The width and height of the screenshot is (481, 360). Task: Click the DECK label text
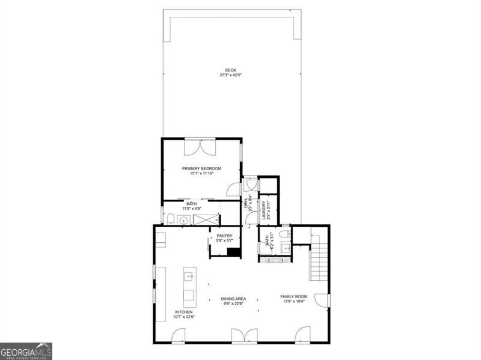click(x=231, y=70)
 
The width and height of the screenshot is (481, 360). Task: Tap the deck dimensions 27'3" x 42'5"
click(x=231, y=76)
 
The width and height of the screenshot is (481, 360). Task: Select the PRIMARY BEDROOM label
click(x=202, y=168)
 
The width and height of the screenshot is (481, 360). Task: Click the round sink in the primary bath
click(x=183, y=221)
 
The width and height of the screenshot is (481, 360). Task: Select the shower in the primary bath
click(x=206, y=219)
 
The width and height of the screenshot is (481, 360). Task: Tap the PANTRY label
click(x=224, y=236)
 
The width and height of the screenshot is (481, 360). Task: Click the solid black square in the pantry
click(x=234, y=252)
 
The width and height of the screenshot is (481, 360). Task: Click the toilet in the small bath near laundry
click(x=285, y=234)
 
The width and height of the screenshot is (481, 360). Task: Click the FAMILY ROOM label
click(x=293, y=296)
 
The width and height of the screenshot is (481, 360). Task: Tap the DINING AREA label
click(x=232, y=298)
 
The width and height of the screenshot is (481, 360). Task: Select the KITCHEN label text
click(x=183, y=312)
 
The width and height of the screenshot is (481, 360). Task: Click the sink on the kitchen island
click(x=188, y=278)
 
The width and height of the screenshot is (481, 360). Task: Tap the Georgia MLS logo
click(x=26, y=351)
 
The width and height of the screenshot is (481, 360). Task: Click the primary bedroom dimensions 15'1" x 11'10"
click(x=202, y=174)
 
